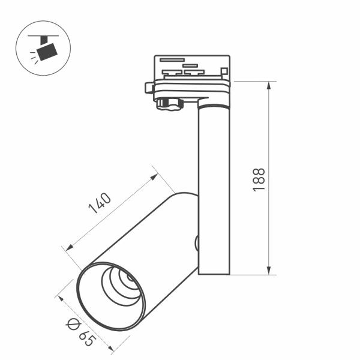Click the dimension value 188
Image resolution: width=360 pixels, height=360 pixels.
coord(259,179)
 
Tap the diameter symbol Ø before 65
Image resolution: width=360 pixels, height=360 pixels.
coord(73,324)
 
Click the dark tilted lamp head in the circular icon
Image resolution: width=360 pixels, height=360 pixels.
coord(46,52)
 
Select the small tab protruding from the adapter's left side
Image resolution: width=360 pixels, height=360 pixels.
coord(149,88)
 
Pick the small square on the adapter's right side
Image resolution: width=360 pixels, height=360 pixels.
coord(224,71)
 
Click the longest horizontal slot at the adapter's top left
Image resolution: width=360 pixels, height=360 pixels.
coord(172,60)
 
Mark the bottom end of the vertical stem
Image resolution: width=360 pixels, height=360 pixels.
coord(214,273)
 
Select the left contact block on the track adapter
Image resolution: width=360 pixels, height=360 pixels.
coord(172,72)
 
